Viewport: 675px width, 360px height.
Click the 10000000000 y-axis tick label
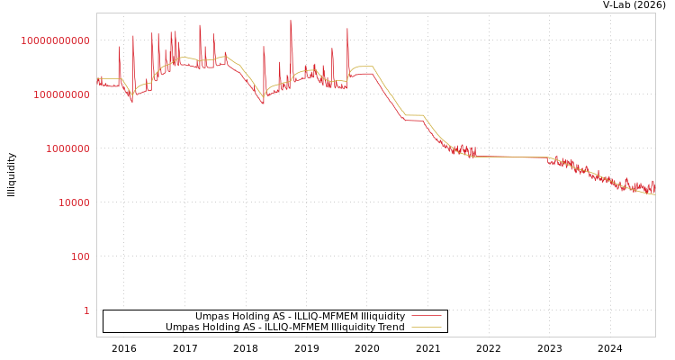point(55,40)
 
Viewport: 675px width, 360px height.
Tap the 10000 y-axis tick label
point(74,202)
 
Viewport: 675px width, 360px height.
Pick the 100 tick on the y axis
point(79,256)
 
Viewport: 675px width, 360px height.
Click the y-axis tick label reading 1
point(86,310)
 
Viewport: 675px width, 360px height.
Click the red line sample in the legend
point(426,316)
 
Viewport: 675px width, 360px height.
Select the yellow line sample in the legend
point(426,328)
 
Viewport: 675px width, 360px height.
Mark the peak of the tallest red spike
point(290,21)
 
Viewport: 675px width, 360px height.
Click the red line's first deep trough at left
point(132,101)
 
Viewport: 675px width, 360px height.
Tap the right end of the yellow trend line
point(654,194)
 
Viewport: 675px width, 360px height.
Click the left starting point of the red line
point(97,79)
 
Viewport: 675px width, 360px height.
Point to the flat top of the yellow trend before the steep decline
point(363,66)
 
